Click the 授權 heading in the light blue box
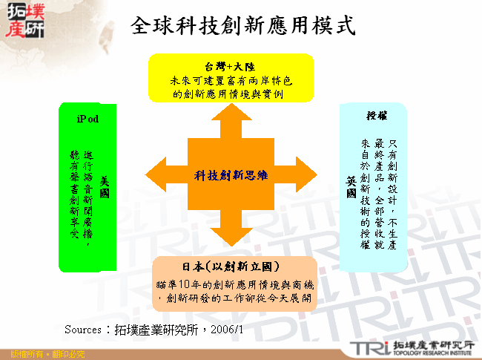click(377, 116)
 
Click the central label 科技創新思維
click(231, 176)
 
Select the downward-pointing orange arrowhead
click(231, 238)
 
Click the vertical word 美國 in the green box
click(105, 186)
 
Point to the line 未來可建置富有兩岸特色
click(231, 80)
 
